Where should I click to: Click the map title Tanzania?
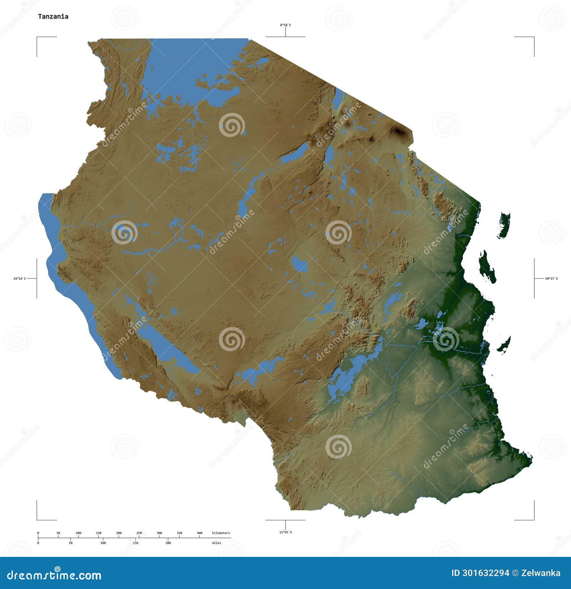pyautogui.click(x=53, y=16)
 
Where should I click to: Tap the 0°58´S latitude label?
pyautogui.click(x=285, y=25)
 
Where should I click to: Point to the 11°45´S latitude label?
pyautogui.click(x=285, y=532)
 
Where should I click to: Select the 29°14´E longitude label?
pyautogui.click(x=20, y=278)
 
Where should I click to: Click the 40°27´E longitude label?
pyautogui.click(x=551, y=278)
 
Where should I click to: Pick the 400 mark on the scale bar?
pyautogui.click(x=199, y=533)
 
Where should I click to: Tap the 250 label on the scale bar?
pyautogui.click(x=139, y=533)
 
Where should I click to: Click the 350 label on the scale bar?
pyautogui.click(x=180, y=533)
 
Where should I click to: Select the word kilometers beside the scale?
pyautogui.click(x=221, y=533)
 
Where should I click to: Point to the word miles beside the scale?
pyautogui.click(x=216, y=543)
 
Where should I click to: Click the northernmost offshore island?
pyautogui.click(x=505, y=225)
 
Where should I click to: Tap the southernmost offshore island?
pyautogui.click(x=504, y=345)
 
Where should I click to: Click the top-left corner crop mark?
pyautogui.click(x=37, y=37)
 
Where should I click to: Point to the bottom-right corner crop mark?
pyautogui.click(x=534, y=519)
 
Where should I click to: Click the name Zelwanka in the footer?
pyautogui.click(x=541, y=573)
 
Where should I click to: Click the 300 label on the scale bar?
pyautogui.click(x=159, y=533)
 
